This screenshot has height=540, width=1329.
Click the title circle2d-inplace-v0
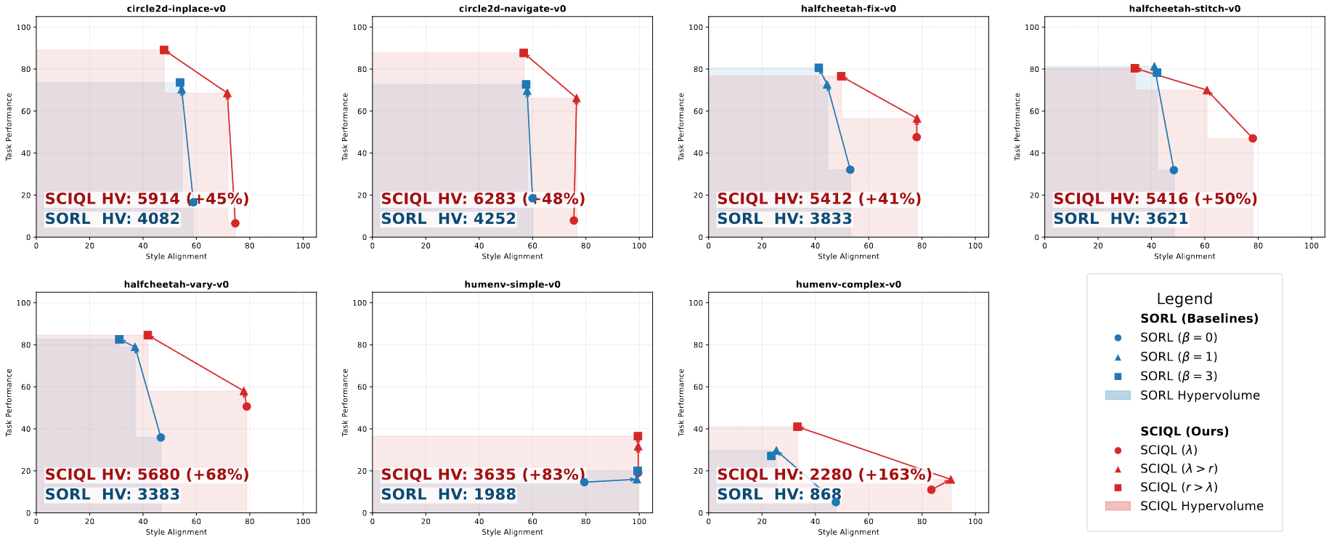pos(176,9)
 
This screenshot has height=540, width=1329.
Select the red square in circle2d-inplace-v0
pos(164,50)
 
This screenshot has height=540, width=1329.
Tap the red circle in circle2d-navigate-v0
pos(574,220)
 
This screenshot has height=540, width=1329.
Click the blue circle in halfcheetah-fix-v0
pos(850,169)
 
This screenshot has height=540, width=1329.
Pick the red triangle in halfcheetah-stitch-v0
pos(1207,91)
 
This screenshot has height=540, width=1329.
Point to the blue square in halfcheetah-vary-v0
pos(119,339)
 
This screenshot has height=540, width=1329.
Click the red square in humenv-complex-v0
pos(797,427)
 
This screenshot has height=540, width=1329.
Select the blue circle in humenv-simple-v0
pos(584,482)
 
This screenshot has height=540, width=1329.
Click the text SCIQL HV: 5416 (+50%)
pos(1155,198)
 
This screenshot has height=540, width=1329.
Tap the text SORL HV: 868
pos(779,494)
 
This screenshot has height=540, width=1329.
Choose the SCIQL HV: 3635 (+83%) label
pos(483,475)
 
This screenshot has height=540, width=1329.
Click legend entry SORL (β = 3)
pos(1178,376)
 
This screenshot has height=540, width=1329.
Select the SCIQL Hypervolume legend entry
pos(1201,506)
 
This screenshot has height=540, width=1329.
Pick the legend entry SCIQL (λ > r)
pos(1178,469)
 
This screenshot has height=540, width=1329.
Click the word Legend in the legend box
pos(1184,299)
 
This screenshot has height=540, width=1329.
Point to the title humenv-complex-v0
pos(848,284)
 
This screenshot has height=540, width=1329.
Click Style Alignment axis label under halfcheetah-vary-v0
pos(176,532)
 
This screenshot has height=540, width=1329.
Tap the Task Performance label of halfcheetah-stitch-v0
pos(1017,126)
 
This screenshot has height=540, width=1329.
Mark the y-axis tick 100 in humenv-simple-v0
pos(359,302)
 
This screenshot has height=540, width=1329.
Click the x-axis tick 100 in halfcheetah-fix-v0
pos(975,246)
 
